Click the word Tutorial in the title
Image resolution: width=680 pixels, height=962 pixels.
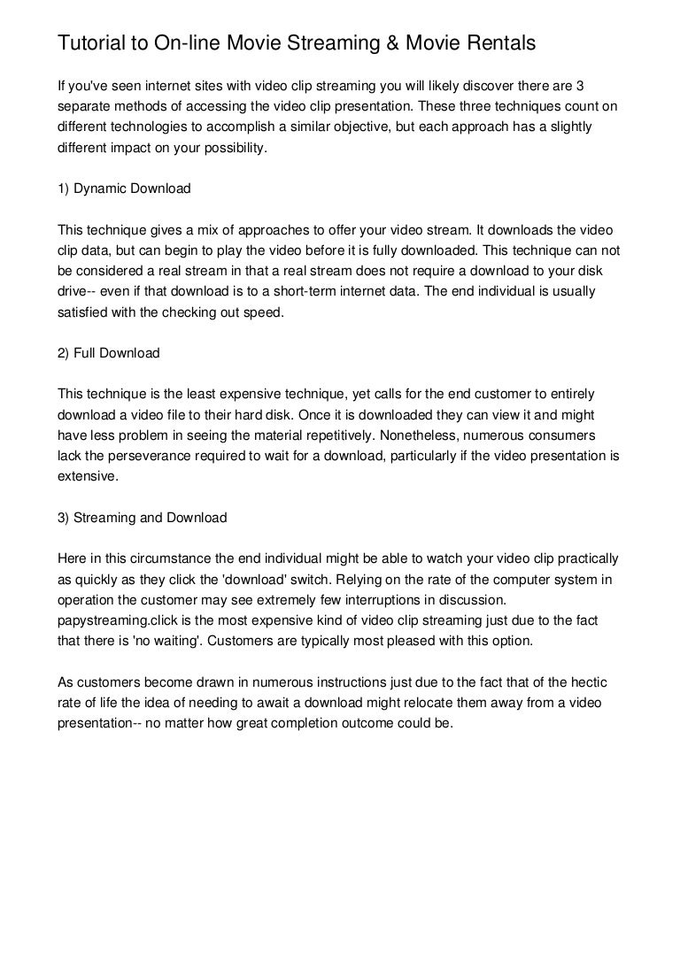tap(88, 42)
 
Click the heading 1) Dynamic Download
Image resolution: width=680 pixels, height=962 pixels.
tap(124, 189)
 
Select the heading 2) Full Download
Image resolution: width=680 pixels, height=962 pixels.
tap(109, 353)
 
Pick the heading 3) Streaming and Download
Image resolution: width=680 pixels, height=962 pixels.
tap(143, 518)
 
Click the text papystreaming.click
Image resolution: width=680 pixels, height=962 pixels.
tap(116, 620)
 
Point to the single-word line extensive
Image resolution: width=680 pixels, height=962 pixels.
tap(86, 476)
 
